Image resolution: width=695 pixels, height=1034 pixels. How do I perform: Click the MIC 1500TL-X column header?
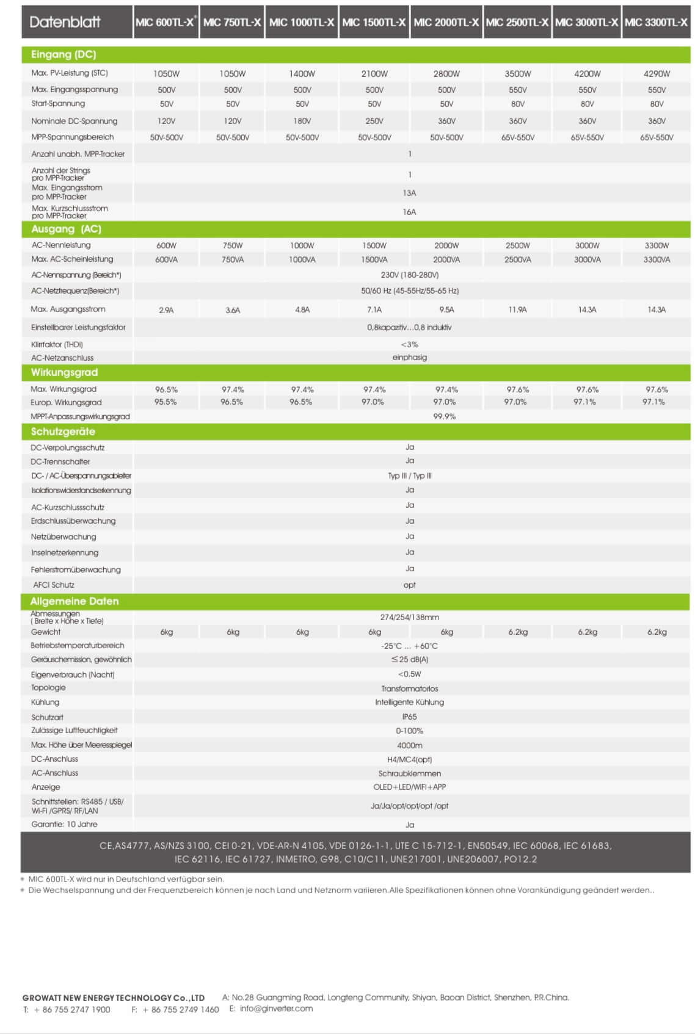(x=374, y=23)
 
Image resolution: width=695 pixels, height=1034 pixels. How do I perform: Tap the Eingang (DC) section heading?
(x=64, y=54)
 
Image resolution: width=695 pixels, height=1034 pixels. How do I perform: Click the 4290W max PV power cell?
(x=657, y=74)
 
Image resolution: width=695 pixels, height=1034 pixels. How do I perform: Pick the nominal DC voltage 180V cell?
(x=302, y=121)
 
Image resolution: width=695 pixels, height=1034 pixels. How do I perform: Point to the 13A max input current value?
(x=409, y=193)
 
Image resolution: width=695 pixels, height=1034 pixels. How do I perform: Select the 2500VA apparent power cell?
(x=517, y=259)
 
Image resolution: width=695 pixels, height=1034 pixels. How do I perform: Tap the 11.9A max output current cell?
(x=517, y=309)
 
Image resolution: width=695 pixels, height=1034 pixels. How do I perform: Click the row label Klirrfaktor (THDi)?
(x=57, y=344)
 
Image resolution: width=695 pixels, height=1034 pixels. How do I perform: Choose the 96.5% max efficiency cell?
(x=166, y=389)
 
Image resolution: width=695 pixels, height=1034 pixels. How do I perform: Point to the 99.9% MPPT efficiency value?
(x=444, y=416)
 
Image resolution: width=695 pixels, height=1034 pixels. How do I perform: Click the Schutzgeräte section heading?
(x=63, y=432)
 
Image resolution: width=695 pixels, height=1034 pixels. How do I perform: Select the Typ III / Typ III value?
(x=409, y=475)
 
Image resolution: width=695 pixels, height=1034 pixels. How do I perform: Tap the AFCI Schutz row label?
(x=54, y=585)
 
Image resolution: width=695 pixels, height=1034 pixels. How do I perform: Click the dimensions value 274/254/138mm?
(x=409, y=617)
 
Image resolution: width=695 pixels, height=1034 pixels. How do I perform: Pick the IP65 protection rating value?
(x=409, y=717)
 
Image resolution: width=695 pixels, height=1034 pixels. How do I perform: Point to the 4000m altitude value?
(x=409, y=745)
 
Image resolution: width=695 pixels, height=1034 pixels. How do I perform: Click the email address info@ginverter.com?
(x=276, y=1008)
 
